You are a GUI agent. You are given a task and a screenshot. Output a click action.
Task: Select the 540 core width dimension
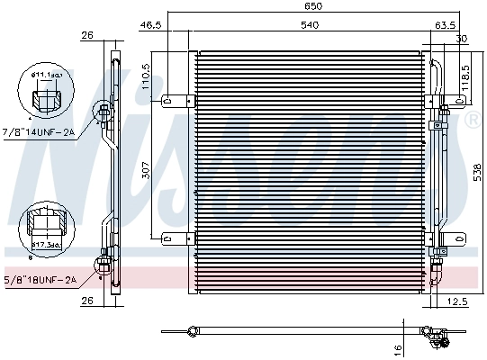click(x=309, y=25)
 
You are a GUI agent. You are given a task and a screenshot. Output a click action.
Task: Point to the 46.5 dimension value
click(x=151, y=26)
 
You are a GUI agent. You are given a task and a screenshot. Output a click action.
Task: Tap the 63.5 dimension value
click(x=445, y=25)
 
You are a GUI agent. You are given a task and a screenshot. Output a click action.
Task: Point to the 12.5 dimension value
click(x=459, y=301)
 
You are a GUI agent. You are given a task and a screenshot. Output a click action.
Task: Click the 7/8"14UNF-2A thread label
click(x=39, y=132)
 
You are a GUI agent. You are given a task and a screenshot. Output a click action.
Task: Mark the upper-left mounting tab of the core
click(x=176, y=101)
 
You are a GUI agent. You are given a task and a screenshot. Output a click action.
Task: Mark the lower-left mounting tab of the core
click(x=176, y=238)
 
